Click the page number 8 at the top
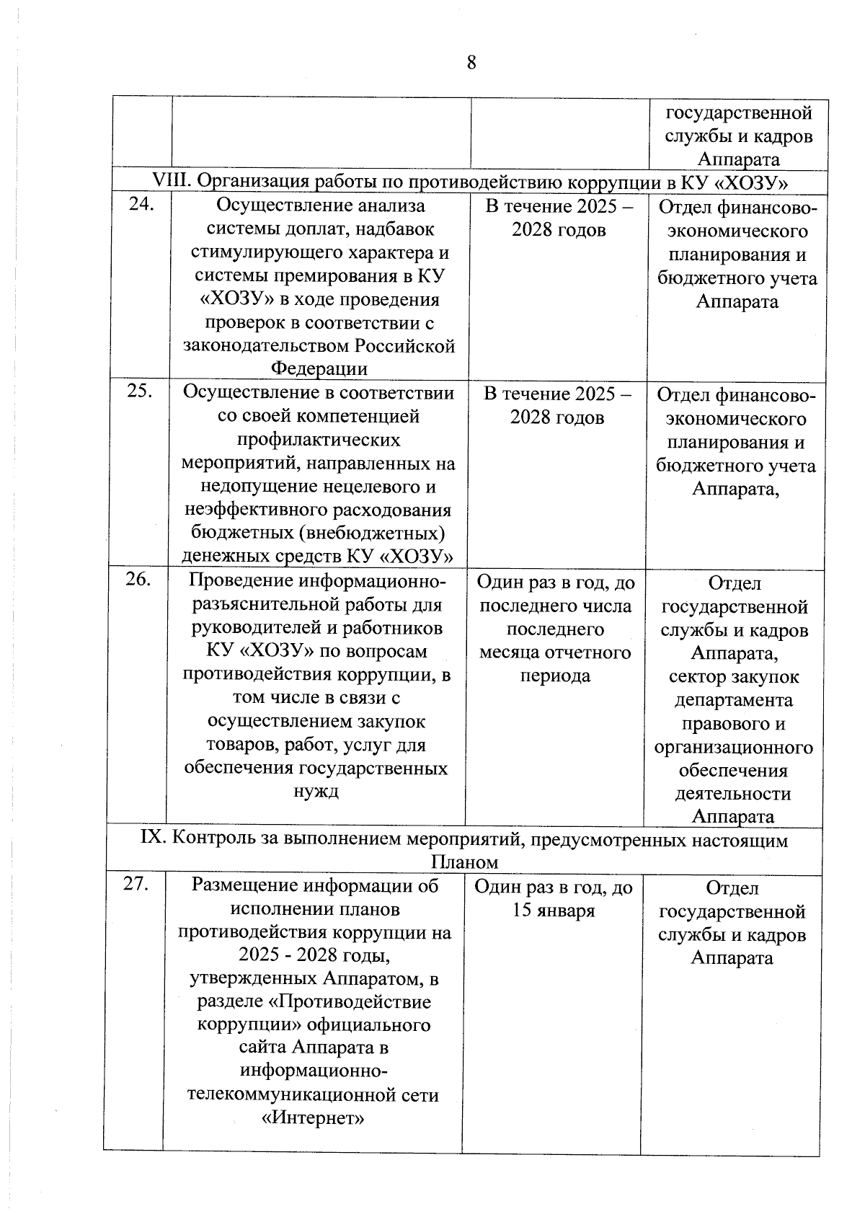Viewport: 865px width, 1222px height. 471,63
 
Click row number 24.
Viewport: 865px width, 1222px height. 141,205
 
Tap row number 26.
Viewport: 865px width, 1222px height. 138,579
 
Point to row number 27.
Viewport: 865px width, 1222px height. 136,884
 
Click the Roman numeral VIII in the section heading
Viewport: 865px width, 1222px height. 171,180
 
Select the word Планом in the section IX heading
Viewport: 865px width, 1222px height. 464,862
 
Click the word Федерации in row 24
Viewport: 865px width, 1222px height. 319,369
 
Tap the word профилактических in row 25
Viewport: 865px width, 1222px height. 319,439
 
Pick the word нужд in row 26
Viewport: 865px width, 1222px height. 315,791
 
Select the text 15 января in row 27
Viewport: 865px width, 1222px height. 553,911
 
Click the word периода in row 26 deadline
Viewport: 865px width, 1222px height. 555,676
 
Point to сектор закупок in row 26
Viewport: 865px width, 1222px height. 734,677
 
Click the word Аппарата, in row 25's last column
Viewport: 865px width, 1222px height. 736,490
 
